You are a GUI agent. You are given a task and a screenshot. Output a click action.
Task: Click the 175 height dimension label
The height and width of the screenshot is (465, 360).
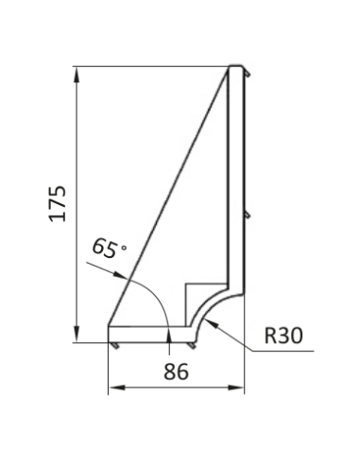click(58, 204)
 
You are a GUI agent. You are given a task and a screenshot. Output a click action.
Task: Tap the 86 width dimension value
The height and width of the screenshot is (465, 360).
click(176, 371)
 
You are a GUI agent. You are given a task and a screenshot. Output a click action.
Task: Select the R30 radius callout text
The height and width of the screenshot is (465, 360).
click(283, 336)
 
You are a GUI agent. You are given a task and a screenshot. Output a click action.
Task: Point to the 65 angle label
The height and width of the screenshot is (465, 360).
click(105, 248)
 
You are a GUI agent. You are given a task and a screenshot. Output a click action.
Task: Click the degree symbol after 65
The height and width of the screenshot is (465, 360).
click(124, 248)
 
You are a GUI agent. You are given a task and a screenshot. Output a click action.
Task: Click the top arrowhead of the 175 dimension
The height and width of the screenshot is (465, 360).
click(77, 75)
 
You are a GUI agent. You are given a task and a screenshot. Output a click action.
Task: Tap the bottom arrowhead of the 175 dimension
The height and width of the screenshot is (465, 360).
click(77, 334)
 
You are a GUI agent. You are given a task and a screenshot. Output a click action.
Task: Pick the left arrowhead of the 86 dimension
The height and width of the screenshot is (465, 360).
click(116, 387)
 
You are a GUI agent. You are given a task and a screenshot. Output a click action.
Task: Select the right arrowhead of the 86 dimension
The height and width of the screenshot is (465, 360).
click(236, 387)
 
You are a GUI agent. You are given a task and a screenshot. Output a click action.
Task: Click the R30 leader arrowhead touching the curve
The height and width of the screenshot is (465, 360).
click(211, 323)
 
